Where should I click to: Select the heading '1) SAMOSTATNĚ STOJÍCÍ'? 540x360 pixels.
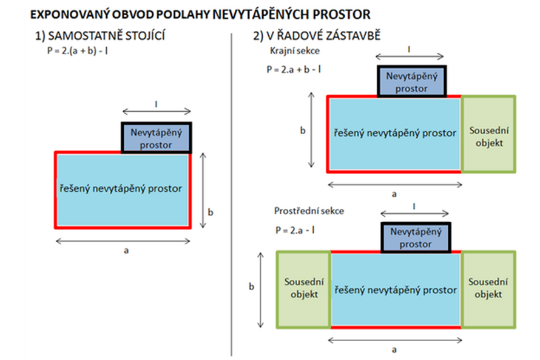[x=100, y=36]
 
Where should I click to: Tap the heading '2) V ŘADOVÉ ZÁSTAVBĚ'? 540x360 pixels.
[x=317, y=36]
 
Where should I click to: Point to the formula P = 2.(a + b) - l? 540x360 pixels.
[x=78, y=51]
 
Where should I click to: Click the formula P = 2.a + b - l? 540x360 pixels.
[x=294, y=70]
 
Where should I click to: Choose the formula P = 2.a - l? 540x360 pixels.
[x=295, y=230]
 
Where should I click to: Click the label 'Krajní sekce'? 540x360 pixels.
[x=295, y=51]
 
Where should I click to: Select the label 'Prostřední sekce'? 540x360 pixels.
[x=309, y=211]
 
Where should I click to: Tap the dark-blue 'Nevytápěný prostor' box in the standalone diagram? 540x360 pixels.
[x=157, y=138]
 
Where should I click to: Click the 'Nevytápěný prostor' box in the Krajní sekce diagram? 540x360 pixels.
[x=412, y=81]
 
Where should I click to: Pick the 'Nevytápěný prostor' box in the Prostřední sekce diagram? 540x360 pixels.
[x=416, y=237]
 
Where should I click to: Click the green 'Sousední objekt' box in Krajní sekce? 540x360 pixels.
[x=488, y=134]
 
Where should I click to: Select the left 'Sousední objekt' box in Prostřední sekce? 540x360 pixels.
[x=304, y=290]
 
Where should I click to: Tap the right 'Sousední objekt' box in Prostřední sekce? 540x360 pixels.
[x=488, y=290]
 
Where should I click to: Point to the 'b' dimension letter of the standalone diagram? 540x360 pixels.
[x=211, y=212]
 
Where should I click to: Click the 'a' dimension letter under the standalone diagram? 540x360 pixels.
[x=126, y=251]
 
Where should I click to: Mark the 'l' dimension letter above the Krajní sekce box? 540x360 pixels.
[x=409, y=50]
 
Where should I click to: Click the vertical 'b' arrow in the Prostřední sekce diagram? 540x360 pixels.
[x=261, y=290]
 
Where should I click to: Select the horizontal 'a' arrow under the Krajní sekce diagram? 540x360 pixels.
[x=395, y=185]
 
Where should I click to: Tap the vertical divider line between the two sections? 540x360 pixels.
[x=231, y=195]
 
